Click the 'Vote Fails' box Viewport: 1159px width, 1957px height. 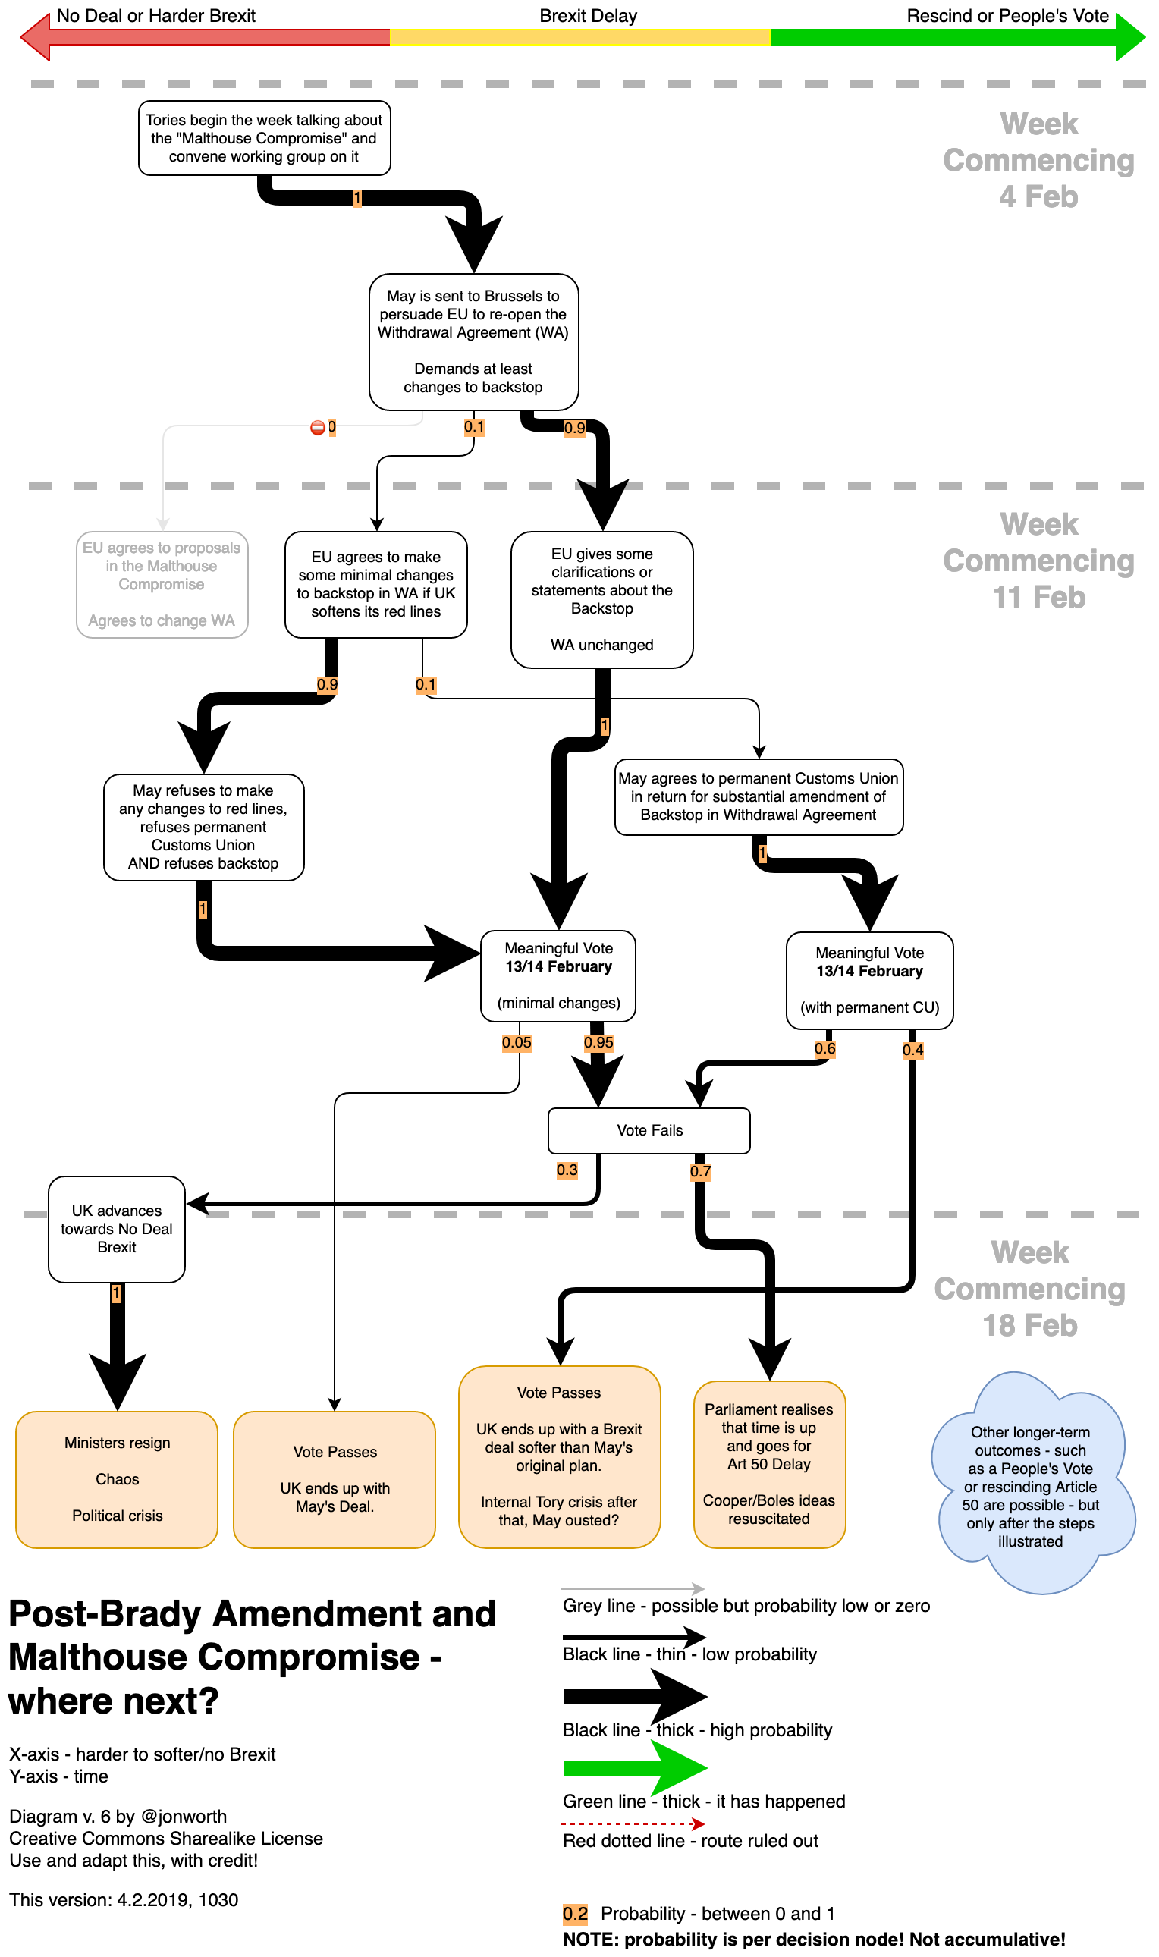[x=649, y=1130]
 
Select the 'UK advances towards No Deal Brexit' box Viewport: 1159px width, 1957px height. [x=116, y=1228]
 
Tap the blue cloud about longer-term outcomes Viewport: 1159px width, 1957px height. [x=1030, y=1484]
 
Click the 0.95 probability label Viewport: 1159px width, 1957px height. [x=598, y=1042]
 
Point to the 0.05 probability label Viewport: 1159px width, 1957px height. [x=517, y=1042]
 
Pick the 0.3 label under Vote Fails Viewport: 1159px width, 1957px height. [x=567, y=1170]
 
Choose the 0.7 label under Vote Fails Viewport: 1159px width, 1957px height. [x=701, y=1171]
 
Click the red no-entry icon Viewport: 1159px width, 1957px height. [x=317, y=427]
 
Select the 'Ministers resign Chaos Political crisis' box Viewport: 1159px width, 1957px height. [x=117, y=1478]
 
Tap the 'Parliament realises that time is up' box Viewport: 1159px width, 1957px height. [x=769, y=1463]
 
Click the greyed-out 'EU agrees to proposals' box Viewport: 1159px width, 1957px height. [x=162, y=584]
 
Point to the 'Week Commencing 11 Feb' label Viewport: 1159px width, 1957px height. [x=1038, y=561]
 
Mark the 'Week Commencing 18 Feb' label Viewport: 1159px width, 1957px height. [x=1030, y=1289]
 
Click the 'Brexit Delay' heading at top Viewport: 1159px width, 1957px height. [x=588, y=16]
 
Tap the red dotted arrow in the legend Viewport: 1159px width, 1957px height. [x=633, y=1823]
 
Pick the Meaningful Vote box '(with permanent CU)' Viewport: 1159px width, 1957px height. [x=869, y=980]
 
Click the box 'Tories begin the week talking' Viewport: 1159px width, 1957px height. [x=264, y=138]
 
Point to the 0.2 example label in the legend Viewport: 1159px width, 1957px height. [x=575, y=1913]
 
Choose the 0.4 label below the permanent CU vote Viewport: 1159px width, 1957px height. [x=912, y=1051]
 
